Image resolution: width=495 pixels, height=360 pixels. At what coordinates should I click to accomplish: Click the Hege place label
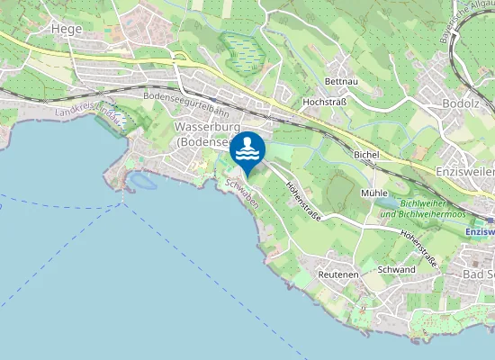coord(54,30)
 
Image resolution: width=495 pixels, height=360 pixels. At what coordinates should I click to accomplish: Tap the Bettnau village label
coord(341,81)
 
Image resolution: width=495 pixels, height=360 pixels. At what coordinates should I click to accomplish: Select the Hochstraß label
coord(326,103)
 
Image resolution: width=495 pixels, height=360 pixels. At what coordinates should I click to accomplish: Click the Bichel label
coord(367,156)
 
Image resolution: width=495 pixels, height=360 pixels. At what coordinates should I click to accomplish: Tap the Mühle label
coord(373,193)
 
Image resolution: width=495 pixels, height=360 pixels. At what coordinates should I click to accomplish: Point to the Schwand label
coord(396,270)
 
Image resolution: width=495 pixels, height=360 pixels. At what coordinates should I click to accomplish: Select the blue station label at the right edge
coord(480,232)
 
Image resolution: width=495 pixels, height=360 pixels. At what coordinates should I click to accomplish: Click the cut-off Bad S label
coord(478,274)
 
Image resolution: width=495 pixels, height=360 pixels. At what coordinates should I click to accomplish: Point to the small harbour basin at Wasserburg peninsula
coord(140,182)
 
